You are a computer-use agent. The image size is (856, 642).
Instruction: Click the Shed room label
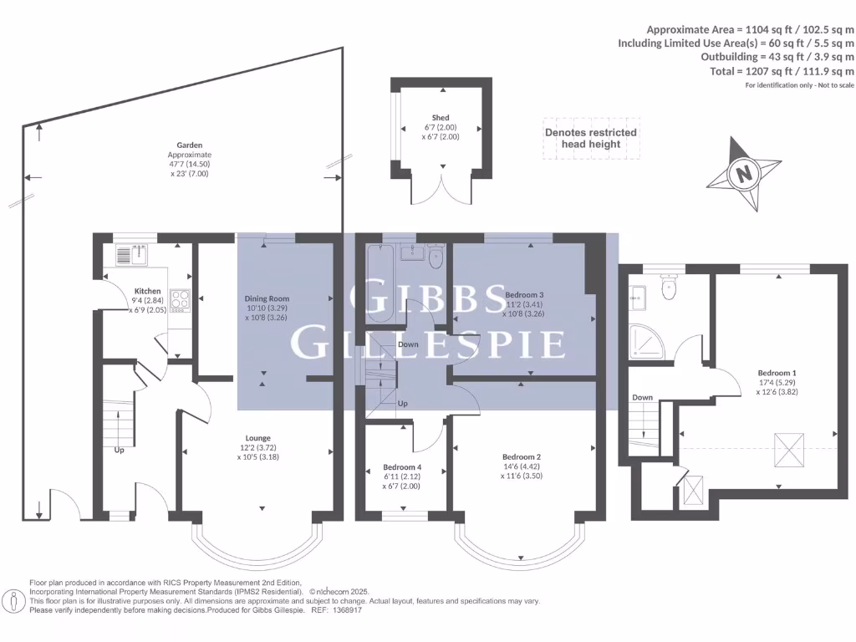click(441, 118)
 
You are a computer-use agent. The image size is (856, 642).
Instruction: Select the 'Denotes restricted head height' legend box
click(590, 138)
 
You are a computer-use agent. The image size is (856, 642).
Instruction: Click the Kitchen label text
click(148, 292)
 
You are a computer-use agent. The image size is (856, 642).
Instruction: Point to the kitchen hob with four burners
click(180, 299)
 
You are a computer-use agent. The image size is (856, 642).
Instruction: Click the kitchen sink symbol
click(131, 255)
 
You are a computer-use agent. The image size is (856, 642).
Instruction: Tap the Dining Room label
click(266, 298)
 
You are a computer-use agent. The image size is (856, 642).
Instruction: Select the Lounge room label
click(257, 438)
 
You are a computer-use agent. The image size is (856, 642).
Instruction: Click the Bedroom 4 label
click(402, 466)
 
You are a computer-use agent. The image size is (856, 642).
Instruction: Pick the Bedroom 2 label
click(522, 456)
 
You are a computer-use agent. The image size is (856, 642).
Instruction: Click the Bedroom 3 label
click(524, 295)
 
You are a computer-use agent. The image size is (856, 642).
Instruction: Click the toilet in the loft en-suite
click(668, 287)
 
